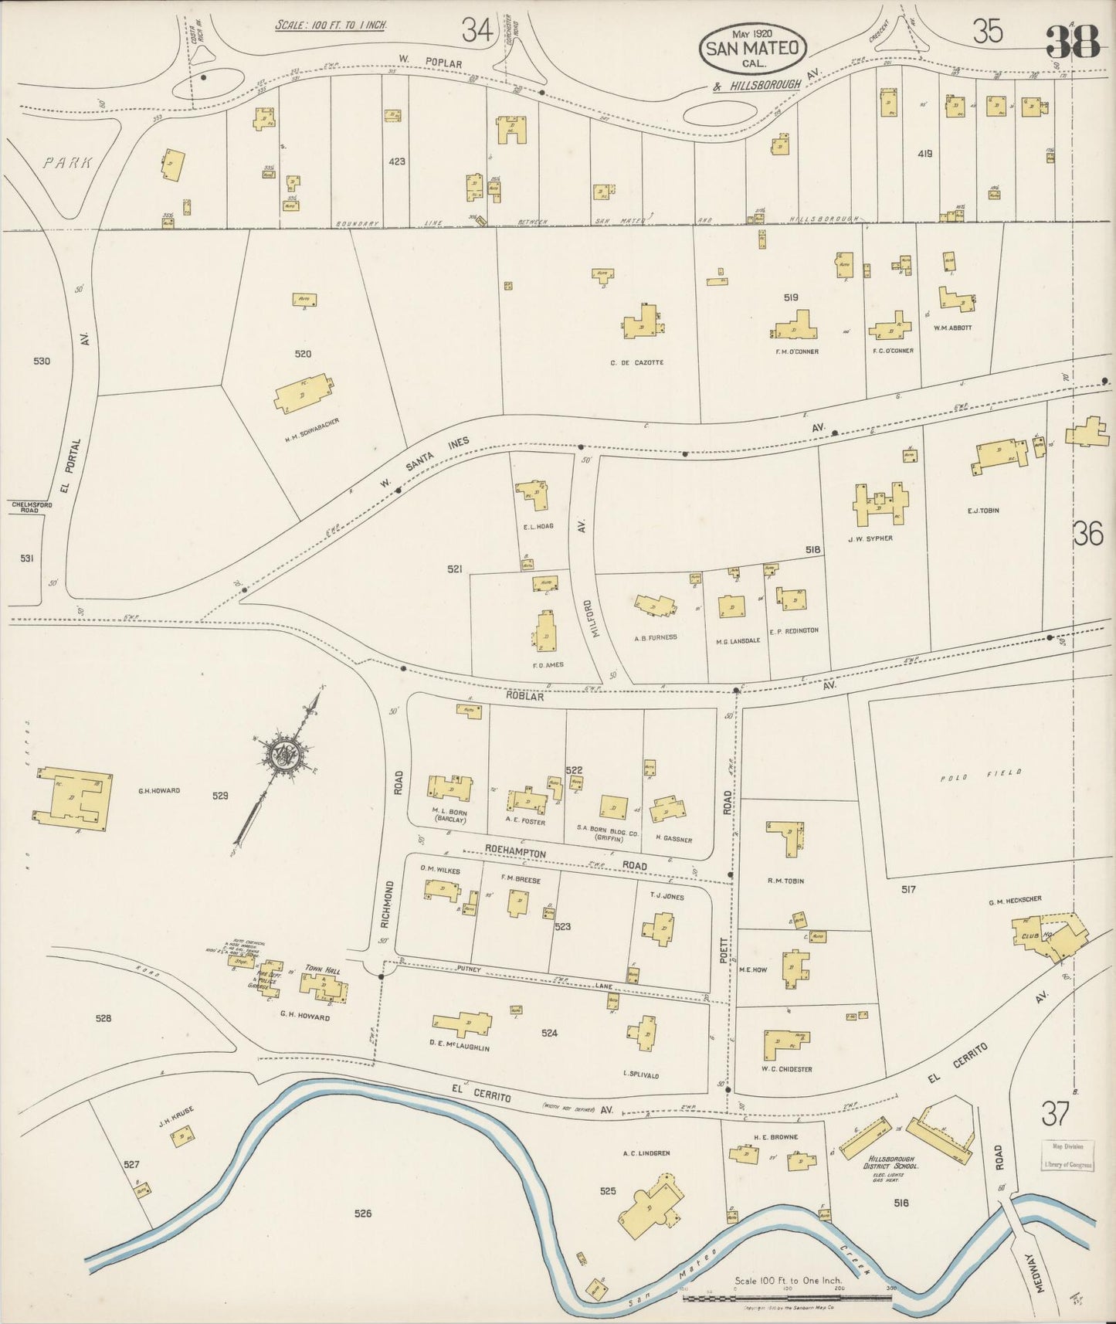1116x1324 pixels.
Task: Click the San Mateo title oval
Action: (754, 48)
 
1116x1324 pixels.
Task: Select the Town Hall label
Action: (323, 968)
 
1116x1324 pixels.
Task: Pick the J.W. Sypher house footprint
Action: (880, 503)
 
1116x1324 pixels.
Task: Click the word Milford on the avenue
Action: (588, 629)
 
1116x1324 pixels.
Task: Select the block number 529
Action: (220, 795)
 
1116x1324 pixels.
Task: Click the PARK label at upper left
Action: (67, 163)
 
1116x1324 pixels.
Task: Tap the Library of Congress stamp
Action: (1067, 1156)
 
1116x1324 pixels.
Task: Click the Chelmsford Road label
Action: (32, 507)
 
